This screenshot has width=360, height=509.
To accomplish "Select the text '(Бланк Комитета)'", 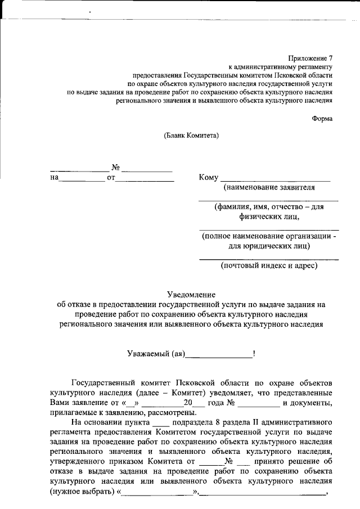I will [191, 135].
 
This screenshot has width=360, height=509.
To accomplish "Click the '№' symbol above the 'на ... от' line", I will [116, 168].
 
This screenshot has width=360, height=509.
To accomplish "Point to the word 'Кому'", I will [209, 178].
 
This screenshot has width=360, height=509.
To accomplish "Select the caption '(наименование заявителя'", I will [269, 187].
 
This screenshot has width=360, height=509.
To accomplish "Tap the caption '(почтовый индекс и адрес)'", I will [269, 265].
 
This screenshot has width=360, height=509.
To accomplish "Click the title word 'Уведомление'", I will [191, 294].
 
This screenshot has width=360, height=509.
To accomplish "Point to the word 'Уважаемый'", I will [147, 353].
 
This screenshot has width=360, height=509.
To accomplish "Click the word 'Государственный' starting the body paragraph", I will [103, 382].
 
